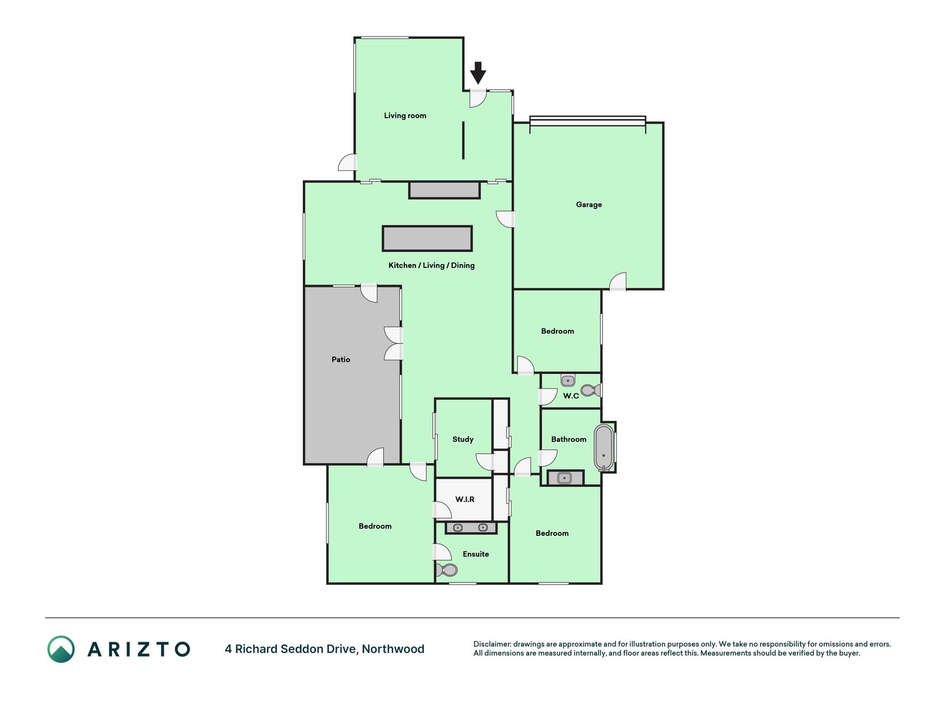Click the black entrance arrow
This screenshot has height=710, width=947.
click(x=478, y=73)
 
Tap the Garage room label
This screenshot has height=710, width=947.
click(x=589, y=205)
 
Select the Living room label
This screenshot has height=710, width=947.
click(x=405, y=116)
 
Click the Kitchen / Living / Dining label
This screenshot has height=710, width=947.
click(x=432, y=266)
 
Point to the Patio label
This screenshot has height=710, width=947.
click(x=341, y=359)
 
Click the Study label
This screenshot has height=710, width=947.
click(x=463, y=439)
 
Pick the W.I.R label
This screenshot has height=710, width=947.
click(x=465, y=499)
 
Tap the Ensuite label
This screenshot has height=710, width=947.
click(x=476, y=554)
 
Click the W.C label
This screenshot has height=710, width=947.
click(x=571, y=395)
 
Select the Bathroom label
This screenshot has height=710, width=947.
click(x=569, y=439)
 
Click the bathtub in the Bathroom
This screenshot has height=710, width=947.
click(x=604, y=448)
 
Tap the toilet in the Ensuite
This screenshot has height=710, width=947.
click(x=446, y=570)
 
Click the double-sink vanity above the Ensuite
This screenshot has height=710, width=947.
click(x=471, y=528)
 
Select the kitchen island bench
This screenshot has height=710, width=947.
click(x=427, y=238)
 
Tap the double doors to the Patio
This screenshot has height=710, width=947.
click(x=393, y=343)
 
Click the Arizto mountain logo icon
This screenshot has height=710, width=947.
click(x=61, y=649)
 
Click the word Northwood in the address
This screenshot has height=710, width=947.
click(x=393, y=649)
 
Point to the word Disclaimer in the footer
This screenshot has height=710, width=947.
click(x=492, y=644)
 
